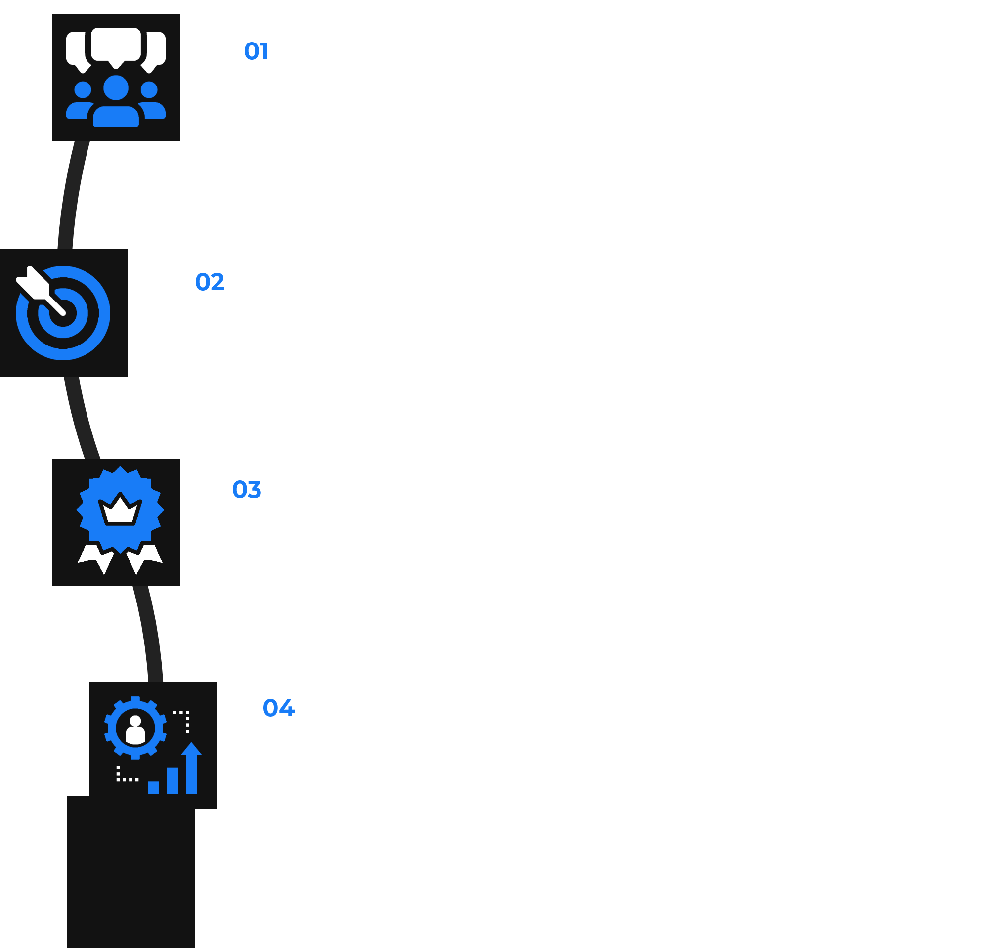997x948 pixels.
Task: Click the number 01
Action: click(256, 51)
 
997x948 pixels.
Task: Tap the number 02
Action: click(209, 281)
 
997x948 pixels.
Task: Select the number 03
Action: click(247, 489)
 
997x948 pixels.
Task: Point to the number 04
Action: click(278, 708)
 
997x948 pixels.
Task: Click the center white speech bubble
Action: click(116, 44)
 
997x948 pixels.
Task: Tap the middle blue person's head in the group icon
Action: click(116, 88)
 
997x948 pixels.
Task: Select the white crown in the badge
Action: click(120, 511)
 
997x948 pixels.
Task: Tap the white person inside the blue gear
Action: click(135, 730)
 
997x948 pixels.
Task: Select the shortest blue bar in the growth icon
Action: click(153, 787)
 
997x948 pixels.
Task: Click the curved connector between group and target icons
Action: click(70, 197)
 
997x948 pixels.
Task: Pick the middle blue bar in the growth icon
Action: click(173, 781)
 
